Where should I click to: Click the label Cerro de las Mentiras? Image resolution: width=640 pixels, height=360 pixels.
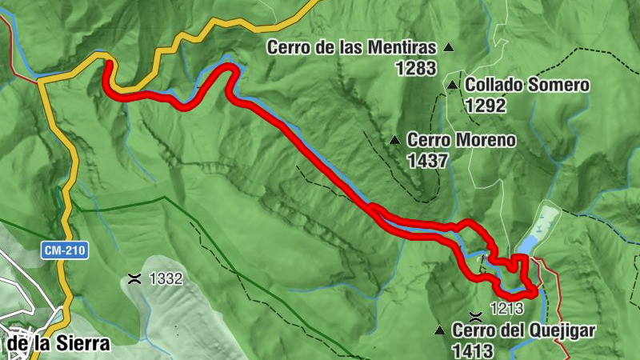coord(351,47)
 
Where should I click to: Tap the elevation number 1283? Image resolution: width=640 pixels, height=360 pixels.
coord(415,68)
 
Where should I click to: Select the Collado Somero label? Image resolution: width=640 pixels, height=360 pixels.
coord(527,84)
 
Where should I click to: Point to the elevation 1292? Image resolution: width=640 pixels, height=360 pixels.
coord(485,104)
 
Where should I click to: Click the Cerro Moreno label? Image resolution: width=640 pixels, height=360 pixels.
coord(461,140)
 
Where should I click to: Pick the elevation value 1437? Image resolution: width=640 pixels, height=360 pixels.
coord(427,161)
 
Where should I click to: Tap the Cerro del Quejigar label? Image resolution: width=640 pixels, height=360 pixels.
coord(524,330)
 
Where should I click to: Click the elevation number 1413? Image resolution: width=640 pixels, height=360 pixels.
coord(472,350)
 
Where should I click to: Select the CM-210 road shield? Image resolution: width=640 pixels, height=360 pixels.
coord(65,250)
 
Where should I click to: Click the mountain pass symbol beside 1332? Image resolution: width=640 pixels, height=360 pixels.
coord(134,279)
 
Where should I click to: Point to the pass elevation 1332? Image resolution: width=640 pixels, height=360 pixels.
coord(166,279)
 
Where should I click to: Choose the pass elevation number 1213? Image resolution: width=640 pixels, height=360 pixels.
coord(506,308)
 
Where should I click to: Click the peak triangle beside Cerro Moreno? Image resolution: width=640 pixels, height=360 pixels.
coord(394,141)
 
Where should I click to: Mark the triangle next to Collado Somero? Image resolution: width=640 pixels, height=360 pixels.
coord(453,85)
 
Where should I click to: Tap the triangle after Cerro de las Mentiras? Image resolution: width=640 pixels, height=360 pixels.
coord(449,48)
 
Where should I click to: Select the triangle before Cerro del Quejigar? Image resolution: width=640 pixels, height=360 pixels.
coord(439,330)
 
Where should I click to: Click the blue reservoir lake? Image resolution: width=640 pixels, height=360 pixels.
coord(538,230)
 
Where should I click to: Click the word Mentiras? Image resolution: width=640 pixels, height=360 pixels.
coord(404,47)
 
